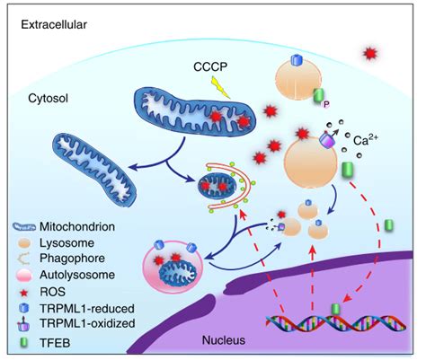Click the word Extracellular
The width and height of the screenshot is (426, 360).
point(54,24)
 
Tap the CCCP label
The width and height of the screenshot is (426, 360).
point(210,66)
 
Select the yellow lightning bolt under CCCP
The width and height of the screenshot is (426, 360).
point(220,87)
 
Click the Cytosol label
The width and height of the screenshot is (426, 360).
point(48,98)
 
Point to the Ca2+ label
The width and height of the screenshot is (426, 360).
point(366,139)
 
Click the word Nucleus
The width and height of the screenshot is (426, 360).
point(224,340)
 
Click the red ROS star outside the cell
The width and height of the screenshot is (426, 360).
point(370,54)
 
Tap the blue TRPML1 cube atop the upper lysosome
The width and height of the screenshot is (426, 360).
point(297,60)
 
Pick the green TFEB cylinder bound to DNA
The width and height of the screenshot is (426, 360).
point(336,309)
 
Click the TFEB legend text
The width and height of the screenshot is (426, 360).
point(55,343)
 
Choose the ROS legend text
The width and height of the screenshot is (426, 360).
point(52,292)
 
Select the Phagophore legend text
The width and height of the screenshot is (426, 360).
point(72,259)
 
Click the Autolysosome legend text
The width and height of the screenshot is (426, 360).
point(77,275)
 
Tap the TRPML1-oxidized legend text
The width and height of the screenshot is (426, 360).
point(87,323)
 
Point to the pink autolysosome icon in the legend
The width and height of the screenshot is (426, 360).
point(23,276)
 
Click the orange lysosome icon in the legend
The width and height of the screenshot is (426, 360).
point(22,243)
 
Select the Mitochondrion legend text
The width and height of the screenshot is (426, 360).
point(77,227)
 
